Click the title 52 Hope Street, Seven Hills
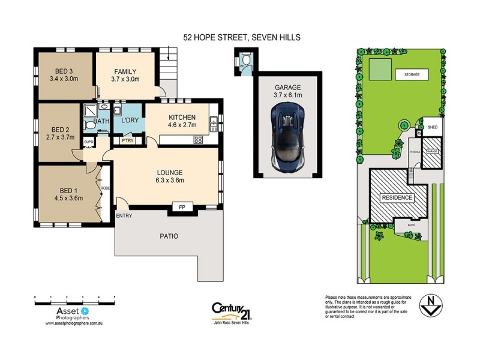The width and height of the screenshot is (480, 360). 242,37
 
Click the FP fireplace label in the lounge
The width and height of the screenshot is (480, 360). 181,207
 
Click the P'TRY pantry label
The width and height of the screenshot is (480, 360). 127,142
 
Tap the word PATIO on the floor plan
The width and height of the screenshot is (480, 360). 169,236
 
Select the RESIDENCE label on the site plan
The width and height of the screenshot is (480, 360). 397,197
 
